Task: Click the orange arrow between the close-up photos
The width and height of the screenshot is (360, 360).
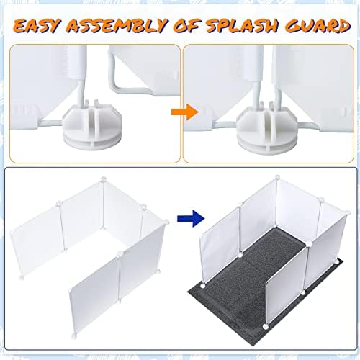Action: pos(184,112)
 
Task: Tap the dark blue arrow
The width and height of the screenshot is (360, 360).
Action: pos(191,218)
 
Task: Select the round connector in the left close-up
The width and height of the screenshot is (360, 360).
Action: pos(92,127)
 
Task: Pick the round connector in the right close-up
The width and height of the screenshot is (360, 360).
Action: pos(267,131)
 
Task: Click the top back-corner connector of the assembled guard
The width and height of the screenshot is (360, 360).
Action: pos(277,178)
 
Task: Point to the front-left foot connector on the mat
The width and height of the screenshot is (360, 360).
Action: pos(203,286)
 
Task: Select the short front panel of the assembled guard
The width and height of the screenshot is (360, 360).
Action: pos(287,286)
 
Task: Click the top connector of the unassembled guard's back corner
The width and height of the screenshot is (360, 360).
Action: pos(103,179)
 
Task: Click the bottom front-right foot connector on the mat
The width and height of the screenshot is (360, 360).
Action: pos(265,326)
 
